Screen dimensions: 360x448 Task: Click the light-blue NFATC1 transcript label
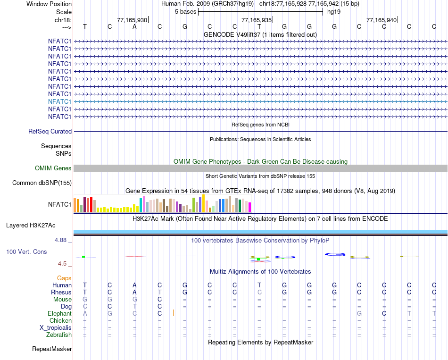point(59,101)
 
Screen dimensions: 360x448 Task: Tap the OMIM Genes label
point(53,168)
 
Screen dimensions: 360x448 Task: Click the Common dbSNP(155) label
point(42,183)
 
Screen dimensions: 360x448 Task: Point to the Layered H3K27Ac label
point(39,225)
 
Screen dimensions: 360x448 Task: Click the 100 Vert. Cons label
point(26,252)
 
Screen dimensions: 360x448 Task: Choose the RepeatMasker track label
point(52,349)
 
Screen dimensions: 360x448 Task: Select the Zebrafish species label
point(59,335)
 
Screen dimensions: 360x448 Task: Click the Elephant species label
point(59,313)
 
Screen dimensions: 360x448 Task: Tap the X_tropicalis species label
point(56,328)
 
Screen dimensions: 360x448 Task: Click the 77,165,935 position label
point(257,20)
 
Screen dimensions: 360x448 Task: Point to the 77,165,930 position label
point(132,20)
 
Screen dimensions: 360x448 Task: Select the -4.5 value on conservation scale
point(62,264)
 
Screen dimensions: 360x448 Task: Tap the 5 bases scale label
point(185,11)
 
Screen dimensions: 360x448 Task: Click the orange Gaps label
point(65,278)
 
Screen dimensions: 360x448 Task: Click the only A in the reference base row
point(134,26)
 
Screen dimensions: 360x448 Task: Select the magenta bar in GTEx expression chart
point(249,207)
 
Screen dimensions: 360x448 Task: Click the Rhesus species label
point(61,292)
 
